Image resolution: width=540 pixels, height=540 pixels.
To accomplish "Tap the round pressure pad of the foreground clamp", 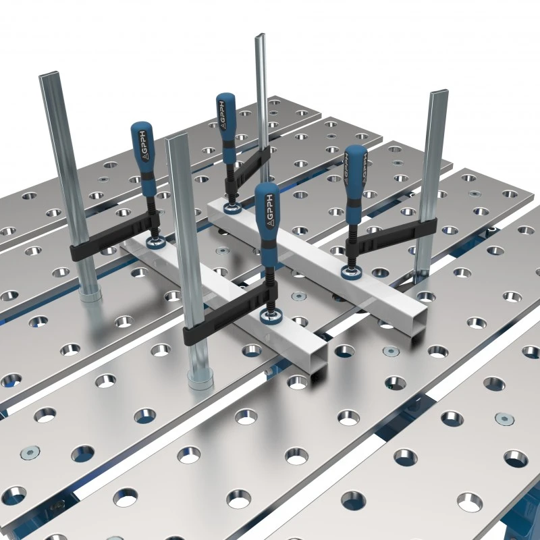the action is click(271, 316).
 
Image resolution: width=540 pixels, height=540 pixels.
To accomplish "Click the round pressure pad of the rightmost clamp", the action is click(352, 272).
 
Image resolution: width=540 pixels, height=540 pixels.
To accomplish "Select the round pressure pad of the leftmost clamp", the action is click(157, 243).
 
